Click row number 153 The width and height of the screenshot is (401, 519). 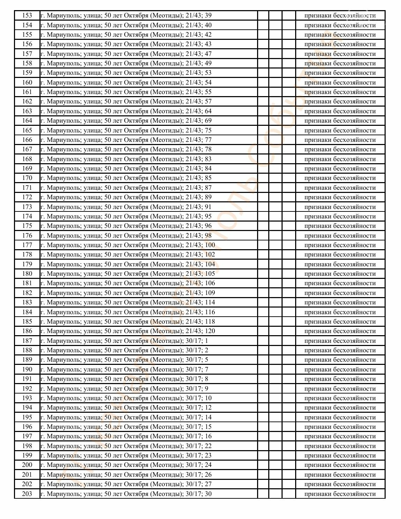[x=27, y=15]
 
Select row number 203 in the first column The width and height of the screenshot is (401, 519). [x=27, y=494]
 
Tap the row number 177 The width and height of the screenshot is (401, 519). [x=27, y=245]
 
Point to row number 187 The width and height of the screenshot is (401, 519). [x=27, y=341]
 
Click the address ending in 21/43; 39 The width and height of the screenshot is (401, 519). [x=126, y=15]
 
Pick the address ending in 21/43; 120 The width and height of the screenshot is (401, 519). [x=128, y=331]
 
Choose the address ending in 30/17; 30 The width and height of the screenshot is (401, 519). [x=126, y=494]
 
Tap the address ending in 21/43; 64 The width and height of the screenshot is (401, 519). [x=126, y=111]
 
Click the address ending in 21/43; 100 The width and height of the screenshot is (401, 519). [x=128, y=245]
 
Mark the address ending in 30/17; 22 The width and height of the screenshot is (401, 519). [x=126, y=446]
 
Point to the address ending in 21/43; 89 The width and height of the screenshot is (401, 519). [x=126, y=197]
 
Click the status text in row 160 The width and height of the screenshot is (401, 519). [x=340, y=82]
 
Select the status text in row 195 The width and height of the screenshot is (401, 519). [x=340, y=417]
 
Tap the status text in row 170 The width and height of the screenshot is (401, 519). [x=340, y=178]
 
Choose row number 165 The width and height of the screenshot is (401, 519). [x=27, y=130]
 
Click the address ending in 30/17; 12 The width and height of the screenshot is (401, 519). [x=126, y=408]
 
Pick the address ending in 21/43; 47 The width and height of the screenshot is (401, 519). [x=126, y=54]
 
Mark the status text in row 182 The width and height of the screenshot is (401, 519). [x=340, y=293]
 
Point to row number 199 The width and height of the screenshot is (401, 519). [x=27, y=455]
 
